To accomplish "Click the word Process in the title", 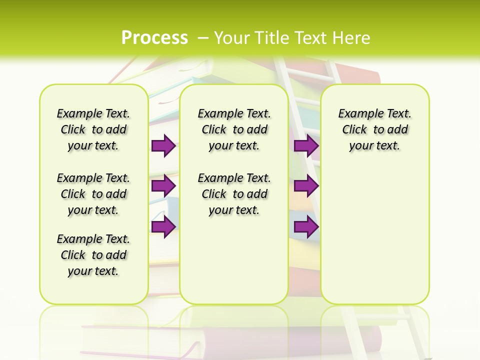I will pos(154,38).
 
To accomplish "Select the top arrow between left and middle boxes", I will pos(163,146).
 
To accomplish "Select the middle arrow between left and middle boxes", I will pos(163,186).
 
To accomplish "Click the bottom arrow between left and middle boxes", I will pos(163,227).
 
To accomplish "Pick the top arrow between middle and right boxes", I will pos(306,146).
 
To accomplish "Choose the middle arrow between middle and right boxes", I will pos(306,186).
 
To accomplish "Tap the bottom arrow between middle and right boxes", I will pos(306,227).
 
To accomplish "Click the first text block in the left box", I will pos(93,129).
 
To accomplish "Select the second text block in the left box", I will pos(93,194).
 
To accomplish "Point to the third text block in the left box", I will pos(93,255).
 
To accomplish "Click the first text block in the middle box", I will pos(234,129).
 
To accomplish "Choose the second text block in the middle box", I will pos(234,194).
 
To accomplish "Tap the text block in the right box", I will pos(374,129).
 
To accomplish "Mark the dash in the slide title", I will pos(203,38).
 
